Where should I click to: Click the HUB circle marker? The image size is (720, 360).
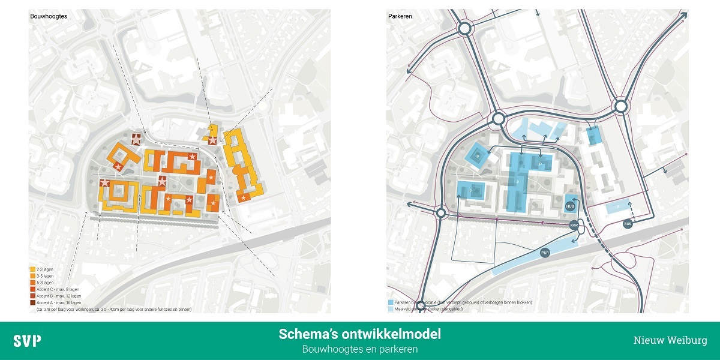[571, 206]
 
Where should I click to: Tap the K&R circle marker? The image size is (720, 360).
[574, 225]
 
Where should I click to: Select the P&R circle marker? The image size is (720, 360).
[545, 253]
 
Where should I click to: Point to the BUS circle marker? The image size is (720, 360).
[628, 223]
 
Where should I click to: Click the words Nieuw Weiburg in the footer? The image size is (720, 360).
[670, 340]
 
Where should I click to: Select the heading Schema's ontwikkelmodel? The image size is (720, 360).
[359, 334]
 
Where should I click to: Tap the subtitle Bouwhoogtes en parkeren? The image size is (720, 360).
[359, 349]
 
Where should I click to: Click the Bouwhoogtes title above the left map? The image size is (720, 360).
[49, 17]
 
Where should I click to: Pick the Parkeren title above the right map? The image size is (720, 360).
[399, 17]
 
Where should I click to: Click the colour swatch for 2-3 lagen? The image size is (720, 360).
[32, 269]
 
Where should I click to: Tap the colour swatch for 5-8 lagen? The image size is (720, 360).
[32, 283]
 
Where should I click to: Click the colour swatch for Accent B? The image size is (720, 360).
[32, 296]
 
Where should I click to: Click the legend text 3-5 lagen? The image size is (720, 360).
[46, 276]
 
